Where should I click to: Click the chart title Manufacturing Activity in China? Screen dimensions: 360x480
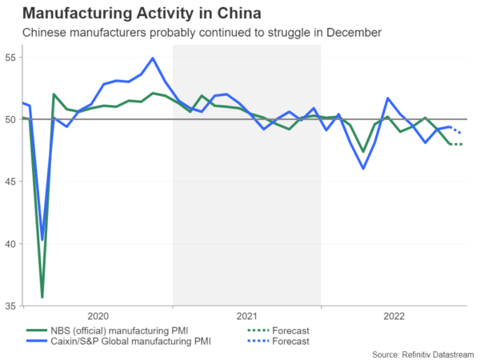pos(142,14)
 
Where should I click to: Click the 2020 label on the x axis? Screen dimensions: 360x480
pos(98,317)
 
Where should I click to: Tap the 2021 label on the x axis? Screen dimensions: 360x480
pos(246,317)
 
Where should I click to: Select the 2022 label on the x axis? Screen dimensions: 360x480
pos(394,317)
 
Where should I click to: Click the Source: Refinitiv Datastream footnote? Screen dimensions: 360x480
pos(422,353)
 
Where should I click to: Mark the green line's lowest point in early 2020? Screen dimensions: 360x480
pos(42,297)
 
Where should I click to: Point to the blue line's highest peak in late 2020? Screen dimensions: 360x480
pos(153,58)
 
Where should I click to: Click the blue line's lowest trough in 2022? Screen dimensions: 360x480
pos(363,168)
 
